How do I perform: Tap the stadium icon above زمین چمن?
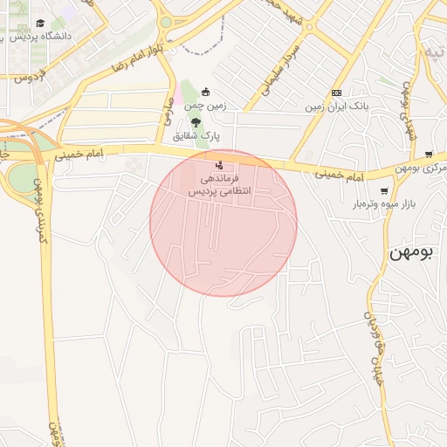[205, 92]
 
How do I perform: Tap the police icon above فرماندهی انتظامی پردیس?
[219, 164]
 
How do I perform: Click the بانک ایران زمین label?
[335, 107]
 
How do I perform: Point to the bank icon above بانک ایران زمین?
[335, 93]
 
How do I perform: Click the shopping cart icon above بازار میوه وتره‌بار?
[383, 191]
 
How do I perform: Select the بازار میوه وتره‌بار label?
[357, 205]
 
